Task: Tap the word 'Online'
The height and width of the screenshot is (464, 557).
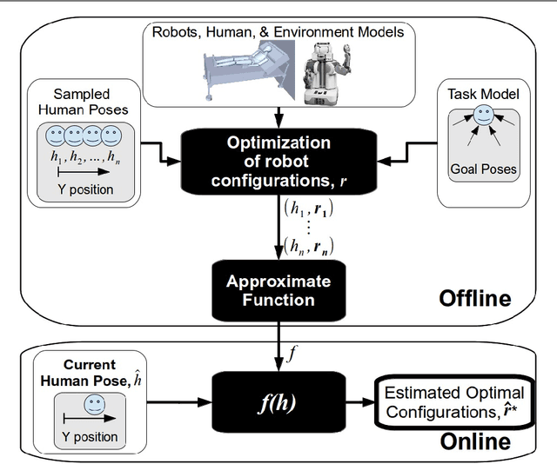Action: [474, 441]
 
